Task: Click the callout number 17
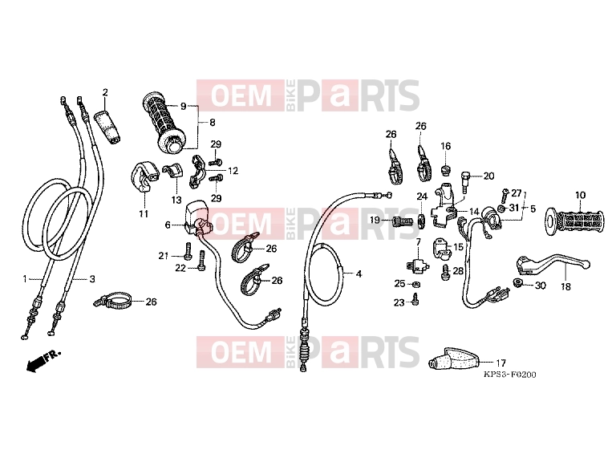pos(500,363)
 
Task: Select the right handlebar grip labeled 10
pos(574,222)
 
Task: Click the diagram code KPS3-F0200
pos(509,375)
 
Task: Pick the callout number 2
pos(105,93)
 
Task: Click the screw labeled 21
pos(188,251)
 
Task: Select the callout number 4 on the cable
pos(359,274)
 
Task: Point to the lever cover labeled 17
pos(455,359)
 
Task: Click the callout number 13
pos(176,200)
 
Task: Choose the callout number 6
pos(168,225)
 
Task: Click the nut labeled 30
pos(517,282)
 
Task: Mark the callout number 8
pos(212,123)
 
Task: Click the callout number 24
pos(422,196)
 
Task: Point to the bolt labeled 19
pos(402,221)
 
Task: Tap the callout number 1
pos(25,279)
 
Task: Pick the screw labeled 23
pos(415,299)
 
